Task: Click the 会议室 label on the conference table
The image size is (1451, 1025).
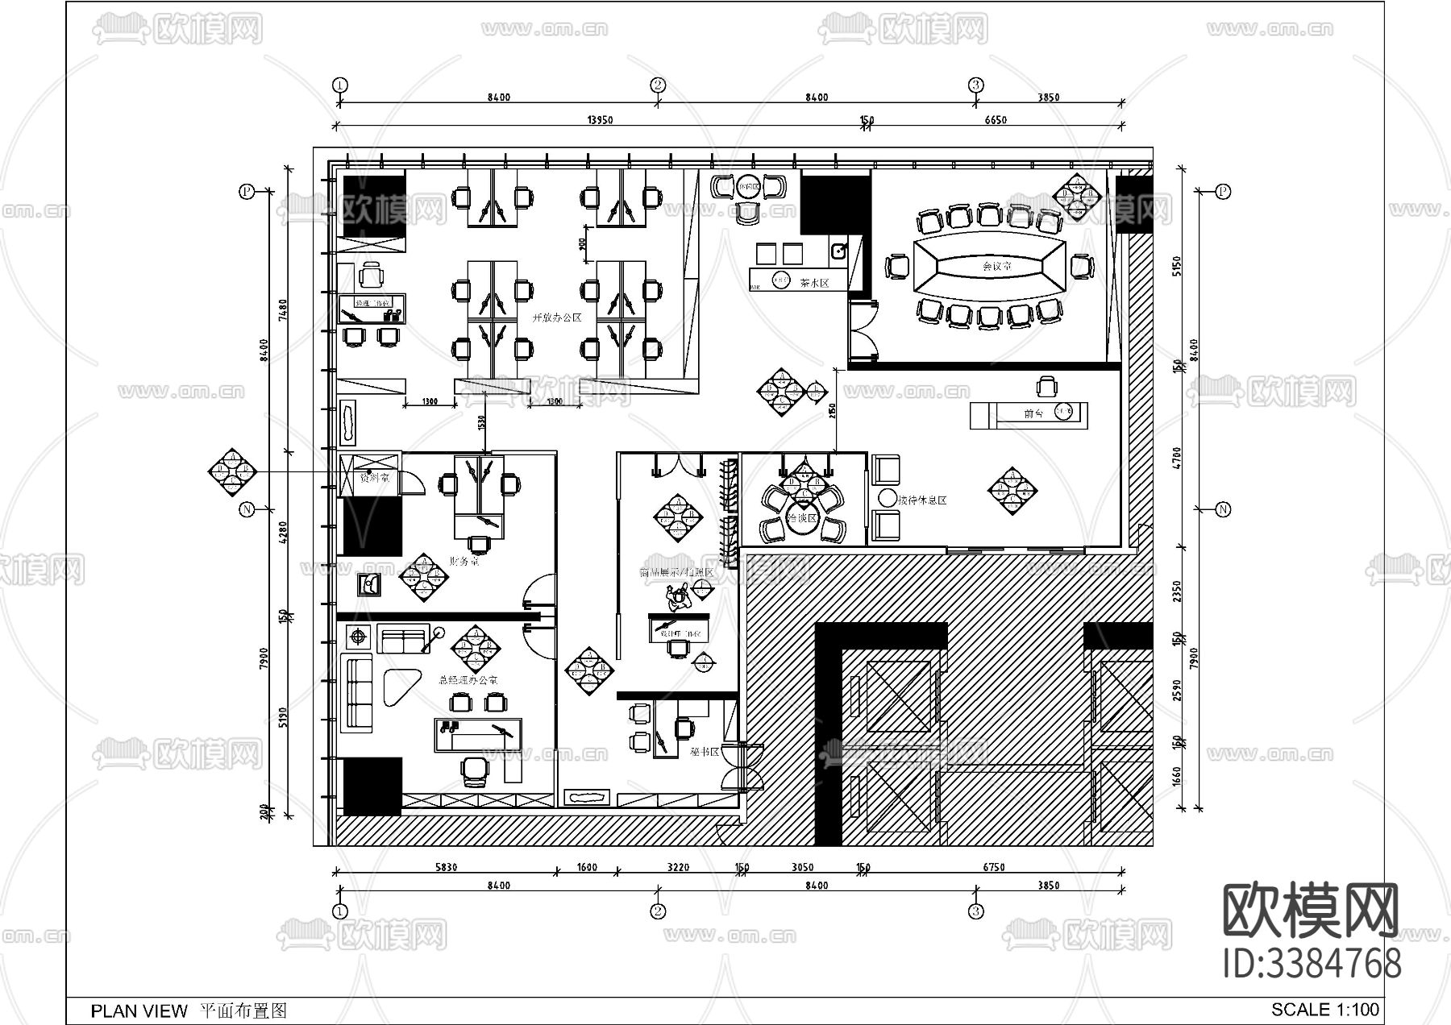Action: coord(997,265)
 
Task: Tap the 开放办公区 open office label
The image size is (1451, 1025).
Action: coord(556,317)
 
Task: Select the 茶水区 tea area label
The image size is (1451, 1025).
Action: coord(813,283)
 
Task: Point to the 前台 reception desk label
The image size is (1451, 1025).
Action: coord(1033,413)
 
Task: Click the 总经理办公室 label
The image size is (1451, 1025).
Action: coord(468,680)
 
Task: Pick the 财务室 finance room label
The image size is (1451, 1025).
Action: coord(464,562)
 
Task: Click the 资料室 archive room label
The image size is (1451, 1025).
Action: coord(374,478)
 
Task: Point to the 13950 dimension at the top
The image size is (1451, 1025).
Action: coord(600,120)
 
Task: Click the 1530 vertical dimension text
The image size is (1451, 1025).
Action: coord(481,422)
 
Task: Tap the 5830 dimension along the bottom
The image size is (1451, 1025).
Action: coord(446,868)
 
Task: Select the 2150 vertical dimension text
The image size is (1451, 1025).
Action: coord(832,410)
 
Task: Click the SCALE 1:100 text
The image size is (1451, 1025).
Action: coord(1324,1009)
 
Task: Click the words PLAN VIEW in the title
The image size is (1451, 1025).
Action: coord(139,1010)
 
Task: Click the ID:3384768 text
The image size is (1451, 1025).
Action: coord(1312,964)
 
